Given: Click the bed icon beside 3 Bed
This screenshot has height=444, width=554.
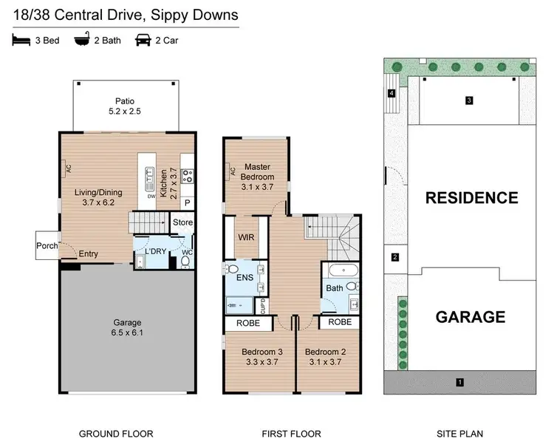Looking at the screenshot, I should (x=19, y=39).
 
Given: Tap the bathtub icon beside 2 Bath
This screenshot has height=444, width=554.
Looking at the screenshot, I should (x=80, y=39).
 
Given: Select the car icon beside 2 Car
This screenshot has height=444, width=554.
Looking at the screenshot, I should (x=142, y=39).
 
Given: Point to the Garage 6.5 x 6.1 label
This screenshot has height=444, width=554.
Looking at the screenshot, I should (x=128, y=327).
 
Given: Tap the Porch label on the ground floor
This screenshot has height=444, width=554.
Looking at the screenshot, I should (x=47, y=246).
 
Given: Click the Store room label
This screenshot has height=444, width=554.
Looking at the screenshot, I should (x=182, y=222).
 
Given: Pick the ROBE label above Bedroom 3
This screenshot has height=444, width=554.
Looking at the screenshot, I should (x=247, y=323).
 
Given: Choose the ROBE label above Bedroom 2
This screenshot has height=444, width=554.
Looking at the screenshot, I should (x=339, y=323).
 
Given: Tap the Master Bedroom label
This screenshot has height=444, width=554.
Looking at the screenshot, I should (x=259, y=172).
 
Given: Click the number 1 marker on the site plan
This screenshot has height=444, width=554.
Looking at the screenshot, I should (x=459, y=382).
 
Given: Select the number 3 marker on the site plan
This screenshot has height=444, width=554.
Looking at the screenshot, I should (x=468, y=100).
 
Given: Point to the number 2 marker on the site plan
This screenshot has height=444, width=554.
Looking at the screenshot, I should (x=394, y=257).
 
